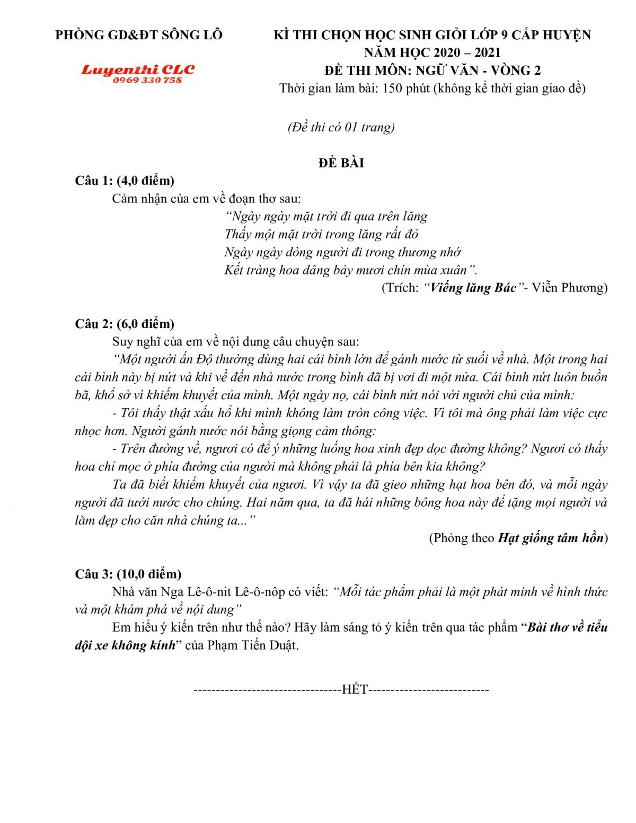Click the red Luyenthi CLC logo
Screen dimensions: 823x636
pyautogui.click(x=138, y=69)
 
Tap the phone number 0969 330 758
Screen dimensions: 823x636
pyautogui.click(x=147, y=80)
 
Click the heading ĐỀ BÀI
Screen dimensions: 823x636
pyautogui.click(x=341, y=163)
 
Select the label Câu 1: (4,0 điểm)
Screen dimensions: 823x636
pyautogui.click(x=125, y=181)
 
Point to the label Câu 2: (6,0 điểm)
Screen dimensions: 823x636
pyautogui.click(x=125, y=324)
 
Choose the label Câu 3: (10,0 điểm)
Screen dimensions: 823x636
pyautogui.click(x=128, y=574)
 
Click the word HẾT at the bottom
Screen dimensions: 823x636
pyautogui.click(x=355, y=689)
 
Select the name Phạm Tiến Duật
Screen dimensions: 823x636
pyautogui.click(x=253, y=645)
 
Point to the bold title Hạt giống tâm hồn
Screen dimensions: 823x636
pyautogui.click(x=551, y=538)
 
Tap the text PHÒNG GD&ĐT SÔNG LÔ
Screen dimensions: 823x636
pyautogui.click(x=139, y=35)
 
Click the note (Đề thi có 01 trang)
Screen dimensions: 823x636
pyautogui.click(x=341, y=127)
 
